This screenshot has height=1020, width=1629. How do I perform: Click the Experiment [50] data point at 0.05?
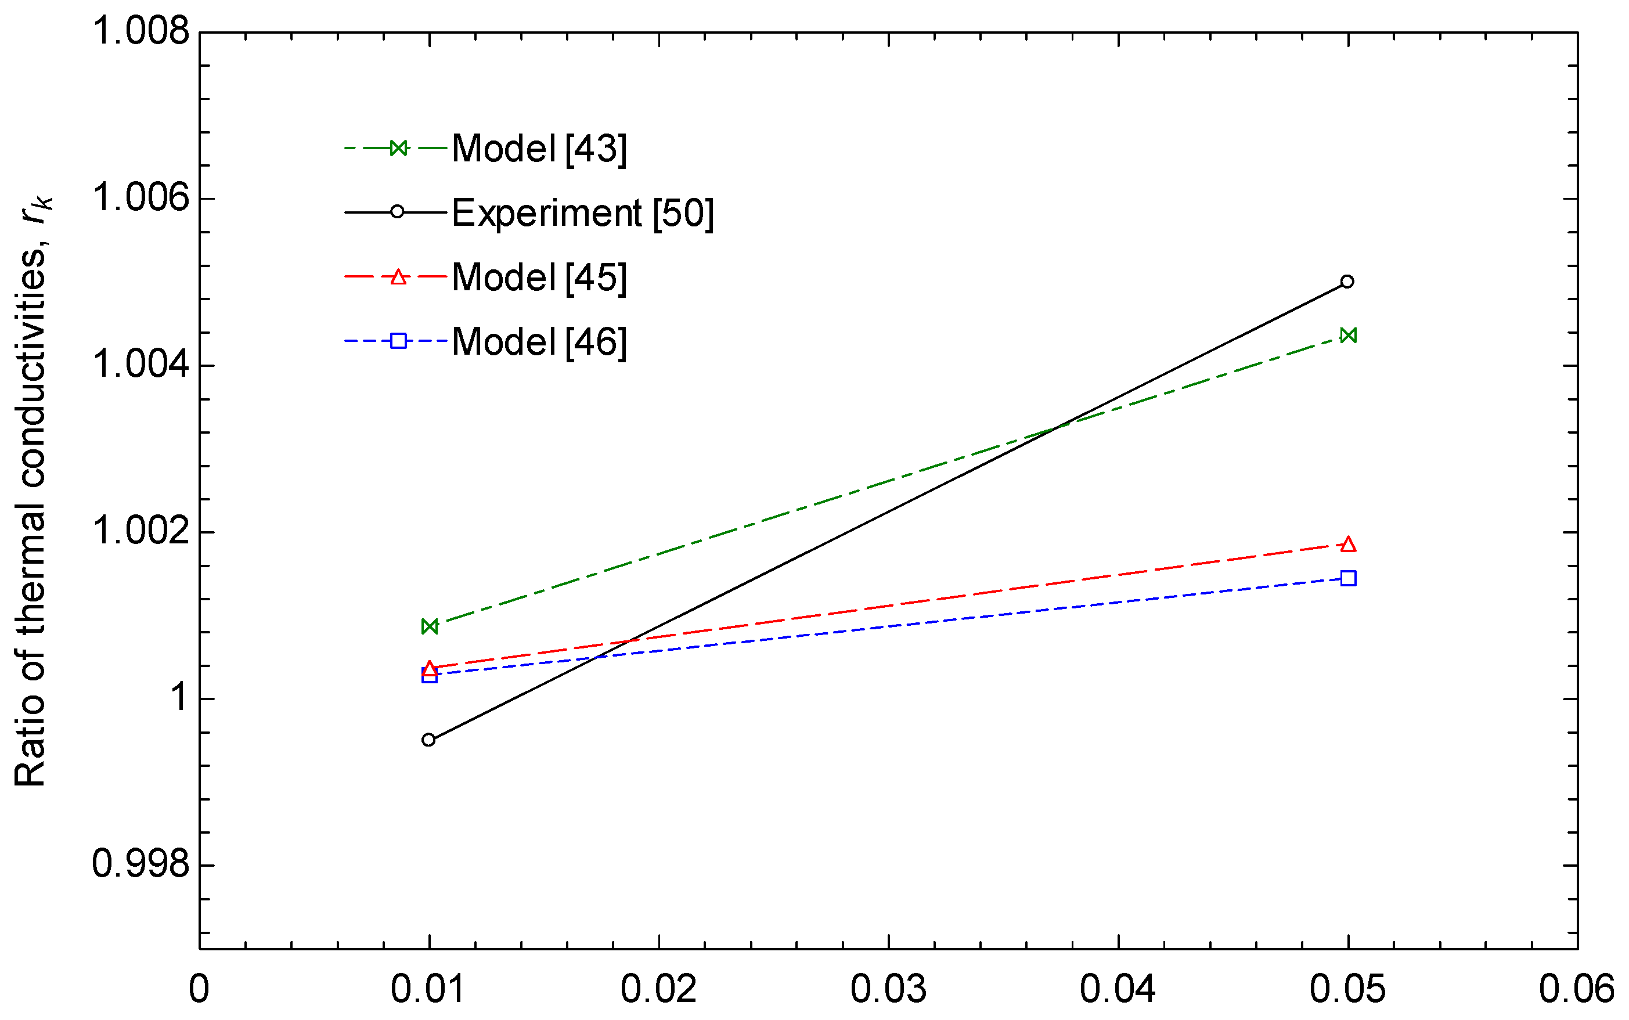pyautogui.click(x=1347, y=282)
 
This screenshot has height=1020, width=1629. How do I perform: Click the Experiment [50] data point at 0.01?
pyautogui.click(x=428, y=740)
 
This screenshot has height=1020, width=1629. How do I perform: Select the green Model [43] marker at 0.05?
pyautogui.click(x=1347, y=336)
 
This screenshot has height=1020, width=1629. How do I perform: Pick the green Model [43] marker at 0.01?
pyautogui.click(x=429, y=627)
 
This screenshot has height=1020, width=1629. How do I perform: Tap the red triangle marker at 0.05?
pyautogui.click(x=1347, y=545)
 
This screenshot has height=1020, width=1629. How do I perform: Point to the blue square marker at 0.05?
pyautogui.click(x=1347, y=578)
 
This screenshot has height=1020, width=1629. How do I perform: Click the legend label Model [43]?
pyautogui.click(x=539, y=149)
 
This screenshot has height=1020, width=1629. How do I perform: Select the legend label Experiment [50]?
pyautogui.click(x=582, y=213)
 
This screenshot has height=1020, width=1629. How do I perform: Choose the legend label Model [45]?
pyautogui.click(x=539, y=277)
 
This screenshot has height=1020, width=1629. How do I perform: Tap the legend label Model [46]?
pyautogui.click(x=539, y=341)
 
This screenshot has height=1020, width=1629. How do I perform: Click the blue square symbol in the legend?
pyautogui.click(x=398, y=341)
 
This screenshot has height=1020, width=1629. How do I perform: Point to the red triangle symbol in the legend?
pyautogui.click(x=398, y=276)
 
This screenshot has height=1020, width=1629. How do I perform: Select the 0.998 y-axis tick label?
pyautogui.click(x=141, y=864)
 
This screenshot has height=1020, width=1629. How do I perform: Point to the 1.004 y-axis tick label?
pyautogui.click(x=141, y=365)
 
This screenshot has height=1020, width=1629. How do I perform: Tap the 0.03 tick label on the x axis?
pyautogui.click(x=888, y=990)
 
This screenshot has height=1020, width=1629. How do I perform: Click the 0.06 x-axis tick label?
pyautogui.click(x=1576, y=990)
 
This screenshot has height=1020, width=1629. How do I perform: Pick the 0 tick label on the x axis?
pyautogui.click(x=199, y=990)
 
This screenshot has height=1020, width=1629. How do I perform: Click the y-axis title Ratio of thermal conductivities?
pyautogui.click(x=30, y=492)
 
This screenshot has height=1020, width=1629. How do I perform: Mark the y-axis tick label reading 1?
pyautogui.click(x=179, y=698)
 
